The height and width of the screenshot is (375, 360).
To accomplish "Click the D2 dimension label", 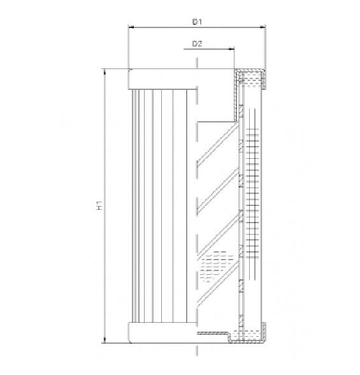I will [x=197, y=43].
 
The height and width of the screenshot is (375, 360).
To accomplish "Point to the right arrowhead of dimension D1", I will [x=262, y=27].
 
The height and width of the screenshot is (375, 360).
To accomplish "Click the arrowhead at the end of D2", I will [x=231, y=49].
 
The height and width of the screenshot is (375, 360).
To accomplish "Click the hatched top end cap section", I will [x=251, y=78].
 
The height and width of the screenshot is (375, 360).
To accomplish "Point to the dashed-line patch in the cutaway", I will [x=213, y=266].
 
